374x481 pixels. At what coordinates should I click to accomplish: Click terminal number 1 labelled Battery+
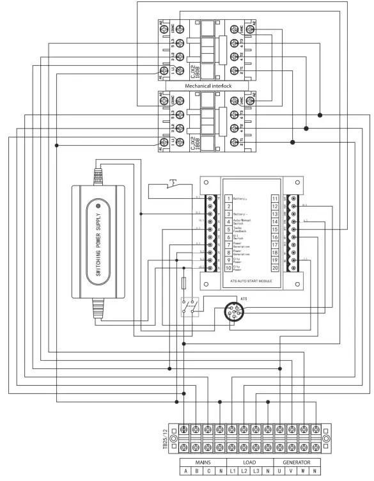point(228,199)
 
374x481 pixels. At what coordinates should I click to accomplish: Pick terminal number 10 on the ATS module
point(228,269)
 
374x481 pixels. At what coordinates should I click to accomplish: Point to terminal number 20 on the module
point(274,269)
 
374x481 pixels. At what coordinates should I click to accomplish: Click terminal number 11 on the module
point(274,199)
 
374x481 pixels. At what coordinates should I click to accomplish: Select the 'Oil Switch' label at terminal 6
point(240,237)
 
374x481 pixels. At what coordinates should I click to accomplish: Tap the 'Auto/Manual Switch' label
point(242,222)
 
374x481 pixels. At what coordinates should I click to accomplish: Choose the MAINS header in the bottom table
point(203,462)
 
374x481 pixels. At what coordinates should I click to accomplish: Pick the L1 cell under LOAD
point(232,473)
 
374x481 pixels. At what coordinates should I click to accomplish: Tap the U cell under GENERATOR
point(279,473)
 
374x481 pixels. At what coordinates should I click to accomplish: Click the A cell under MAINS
point(185,473)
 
